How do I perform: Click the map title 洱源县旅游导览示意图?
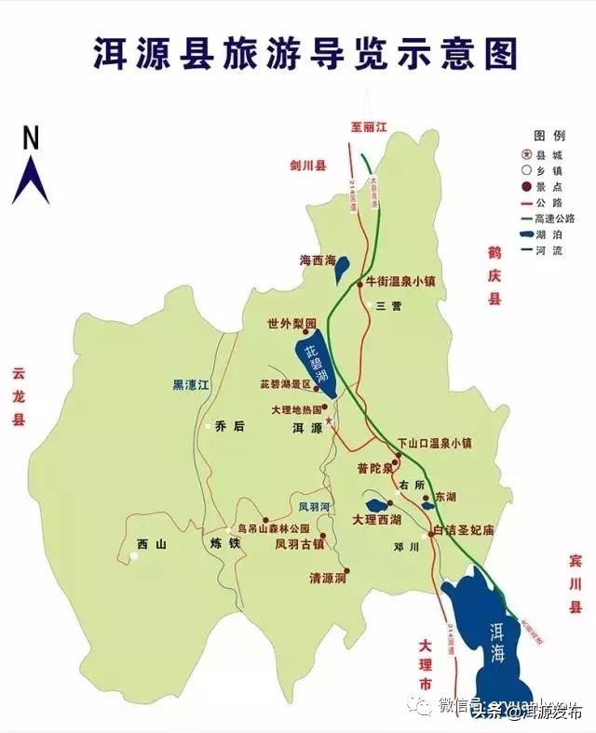304,53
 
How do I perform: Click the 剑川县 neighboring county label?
307,167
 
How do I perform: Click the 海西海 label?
317,261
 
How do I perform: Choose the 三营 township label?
387,305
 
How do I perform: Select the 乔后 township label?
228,426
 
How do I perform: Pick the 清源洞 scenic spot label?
327,577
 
